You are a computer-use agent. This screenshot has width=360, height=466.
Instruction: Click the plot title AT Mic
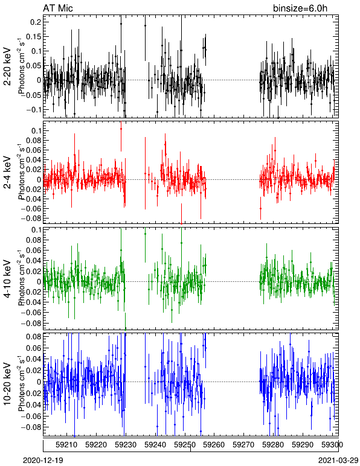(57, 8)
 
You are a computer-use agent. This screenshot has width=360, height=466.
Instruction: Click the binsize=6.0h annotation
(300, 8)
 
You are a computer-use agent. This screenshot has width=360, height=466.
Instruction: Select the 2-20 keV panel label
(7, 66)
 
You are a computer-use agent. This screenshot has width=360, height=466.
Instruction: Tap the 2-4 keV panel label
(7, 173)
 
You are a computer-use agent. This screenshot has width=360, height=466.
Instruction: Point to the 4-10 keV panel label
(7, 279)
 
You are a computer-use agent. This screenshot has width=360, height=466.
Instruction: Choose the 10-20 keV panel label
(7, 384)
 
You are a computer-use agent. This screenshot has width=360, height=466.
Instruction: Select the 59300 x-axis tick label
(332, 445)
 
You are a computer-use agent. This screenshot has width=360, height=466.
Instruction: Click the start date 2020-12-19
(43, 461)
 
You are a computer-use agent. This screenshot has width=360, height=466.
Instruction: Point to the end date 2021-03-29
(338, 461)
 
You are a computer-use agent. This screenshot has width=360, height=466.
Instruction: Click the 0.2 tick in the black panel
(36, 22)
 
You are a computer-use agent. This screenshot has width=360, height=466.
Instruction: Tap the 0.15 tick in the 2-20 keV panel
(33, 37)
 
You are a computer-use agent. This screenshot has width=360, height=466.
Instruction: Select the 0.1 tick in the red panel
(36, 131)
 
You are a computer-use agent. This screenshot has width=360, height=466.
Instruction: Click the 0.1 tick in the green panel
(36, 231)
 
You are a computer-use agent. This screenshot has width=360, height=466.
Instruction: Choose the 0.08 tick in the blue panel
(33, 337)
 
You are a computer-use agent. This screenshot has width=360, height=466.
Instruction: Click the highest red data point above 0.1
(121, 129)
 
